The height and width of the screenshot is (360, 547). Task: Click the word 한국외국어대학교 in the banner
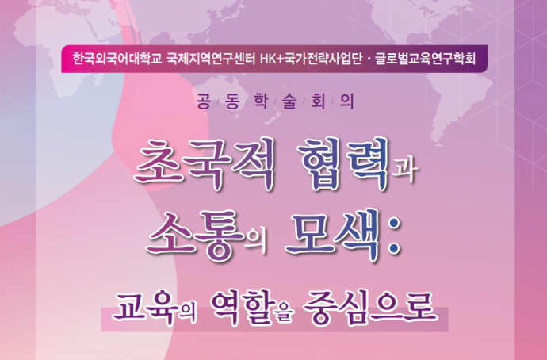click(117, 59)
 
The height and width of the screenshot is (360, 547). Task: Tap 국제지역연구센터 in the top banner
click(211, 59)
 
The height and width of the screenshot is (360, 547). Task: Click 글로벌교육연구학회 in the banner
click(425, 59)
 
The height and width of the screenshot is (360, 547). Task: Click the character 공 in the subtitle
click(204, 101)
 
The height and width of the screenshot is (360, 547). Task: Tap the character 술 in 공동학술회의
click(289, 101)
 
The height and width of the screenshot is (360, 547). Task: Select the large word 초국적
click(204, 164)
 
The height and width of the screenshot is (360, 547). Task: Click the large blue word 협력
click(342, 164)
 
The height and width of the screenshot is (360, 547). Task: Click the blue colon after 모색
click(393, 235)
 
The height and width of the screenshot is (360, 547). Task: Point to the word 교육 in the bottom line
click(143, 307)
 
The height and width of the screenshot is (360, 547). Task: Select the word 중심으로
click(369, 307)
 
